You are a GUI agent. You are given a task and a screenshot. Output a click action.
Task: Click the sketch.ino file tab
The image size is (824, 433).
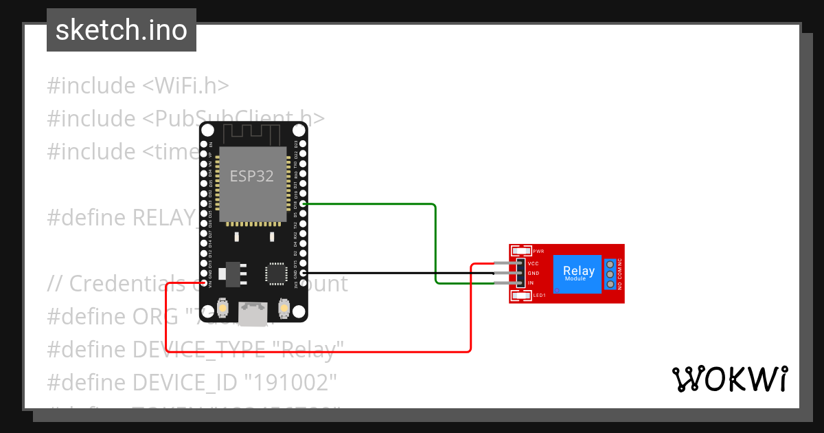pyautogui.click(x=122, y=30)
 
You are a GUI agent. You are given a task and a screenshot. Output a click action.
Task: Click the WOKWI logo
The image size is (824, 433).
pyautogui.click(x=729, y=379)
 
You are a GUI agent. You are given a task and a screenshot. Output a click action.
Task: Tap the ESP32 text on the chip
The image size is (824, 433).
pyautogui.click(x=251, y=176)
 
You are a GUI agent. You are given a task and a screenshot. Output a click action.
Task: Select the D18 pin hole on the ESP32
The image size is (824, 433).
pyautogui.click(x=303, y=204)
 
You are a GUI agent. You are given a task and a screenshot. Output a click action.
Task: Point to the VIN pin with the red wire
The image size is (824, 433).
pyautogui.click(x=204, y=282)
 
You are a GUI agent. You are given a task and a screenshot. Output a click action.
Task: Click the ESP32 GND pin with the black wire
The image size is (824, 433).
pyautogui.click(x=303, y=273)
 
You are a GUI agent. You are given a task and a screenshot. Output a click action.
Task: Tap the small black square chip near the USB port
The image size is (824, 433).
pyautogui.click(x=276, y=273)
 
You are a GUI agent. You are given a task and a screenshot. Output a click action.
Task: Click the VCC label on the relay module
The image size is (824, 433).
pyautogui.click(x=533, y=264)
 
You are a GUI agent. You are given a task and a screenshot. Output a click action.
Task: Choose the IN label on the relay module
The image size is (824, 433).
pyautogui.click(x=530, y=283)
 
